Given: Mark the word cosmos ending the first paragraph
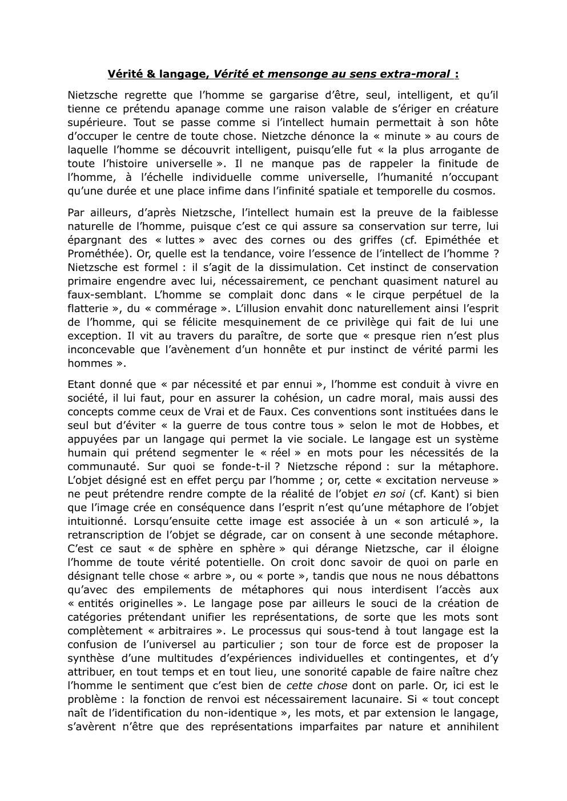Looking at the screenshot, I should [x=478, y=191].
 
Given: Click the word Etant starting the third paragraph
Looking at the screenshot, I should [x=82, y=384].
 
